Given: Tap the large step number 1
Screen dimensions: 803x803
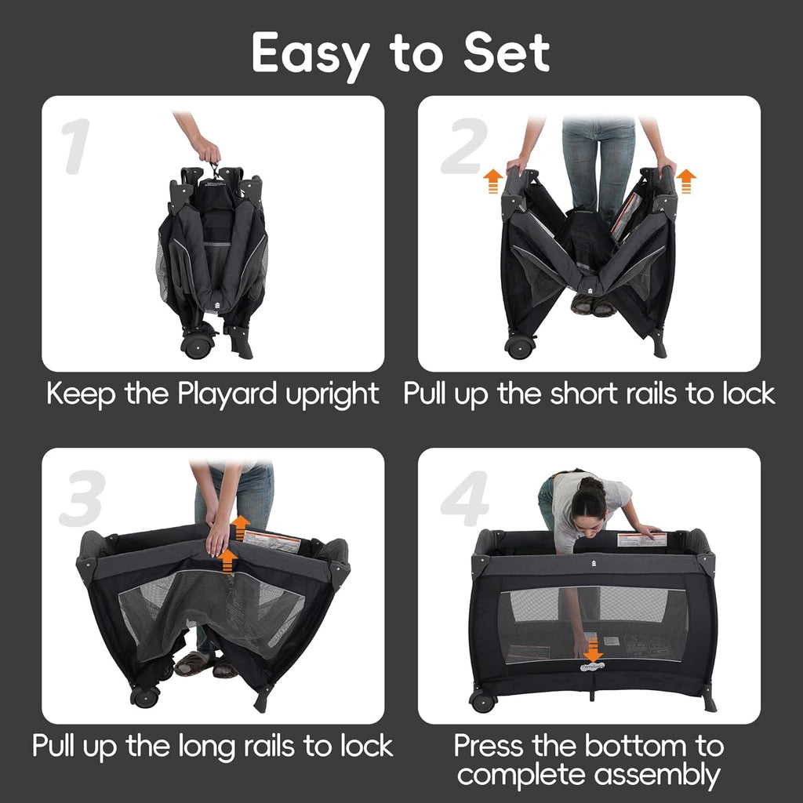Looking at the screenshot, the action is [76, 146].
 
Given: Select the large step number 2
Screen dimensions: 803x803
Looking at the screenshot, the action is [464, 145].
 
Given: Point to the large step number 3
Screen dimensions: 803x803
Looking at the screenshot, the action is [82, 498].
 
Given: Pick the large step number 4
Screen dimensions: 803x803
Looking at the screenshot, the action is [464, 498].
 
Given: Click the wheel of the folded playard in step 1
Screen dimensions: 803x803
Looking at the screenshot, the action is [197, 346].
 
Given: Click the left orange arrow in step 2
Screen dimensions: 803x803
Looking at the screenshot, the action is [493, 182].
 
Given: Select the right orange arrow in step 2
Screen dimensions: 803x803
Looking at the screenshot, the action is [685, 182].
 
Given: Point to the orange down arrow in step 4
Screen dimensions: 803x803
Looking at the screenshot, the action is [593, 650].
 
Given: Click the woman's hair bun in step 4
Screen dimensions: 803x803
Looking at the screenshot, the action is [592, 484].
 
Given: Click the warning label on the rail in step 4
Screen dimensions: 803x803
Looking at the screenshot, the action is [641, 540].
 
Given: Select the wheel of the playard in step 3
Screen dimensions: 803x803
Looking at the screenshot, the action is [144, 697].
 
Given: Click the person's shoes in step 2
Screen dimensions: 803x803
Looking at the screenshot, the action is [593, 305].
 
